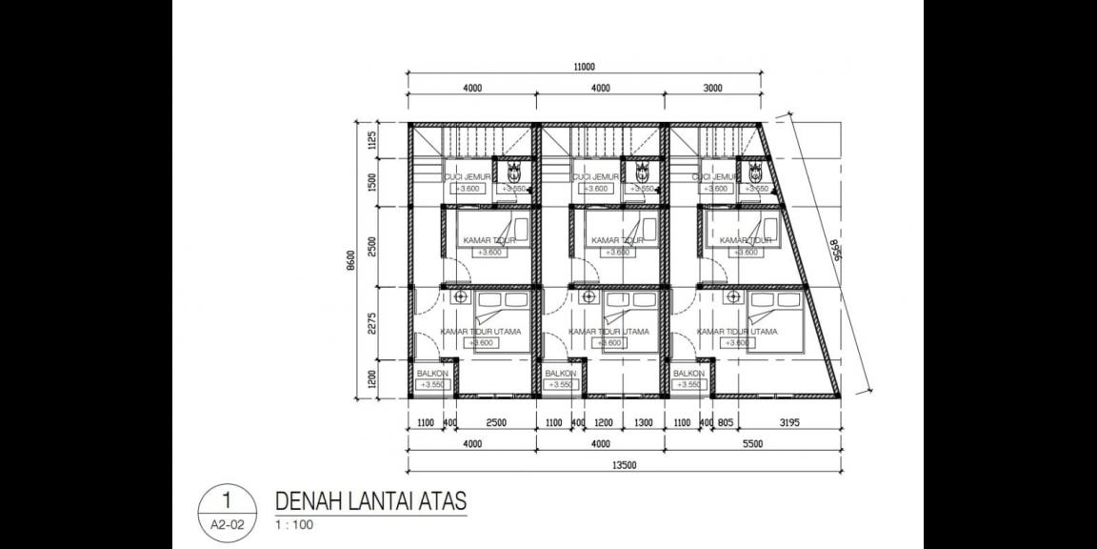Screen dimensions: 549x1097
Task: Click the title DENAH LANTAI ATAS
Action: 370,501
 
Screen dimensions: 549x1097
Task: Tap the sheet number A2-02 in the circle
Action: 226,524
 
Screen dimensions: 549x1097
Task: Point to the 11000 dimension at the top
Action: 584,67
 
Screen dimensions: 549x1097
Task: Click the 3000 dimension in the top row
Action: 712,89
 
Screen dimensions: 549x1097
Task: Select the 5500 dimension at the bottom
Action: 752,444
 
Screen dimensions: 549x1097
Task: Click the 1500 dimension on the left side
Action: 372,182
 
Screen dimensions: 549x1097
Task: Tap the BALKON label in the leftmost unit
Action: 432,374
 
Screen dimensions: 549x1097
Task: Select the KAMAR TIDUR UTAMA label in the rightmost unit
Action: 737,332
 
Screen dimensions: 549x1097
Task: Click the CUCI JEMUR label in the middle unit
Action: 596,177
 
